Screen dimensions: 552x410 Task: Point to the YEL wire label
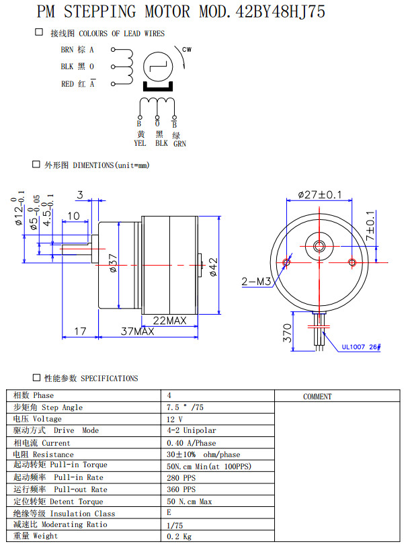point(140,143)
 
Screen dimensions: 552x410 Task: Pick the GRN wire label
point(179,143)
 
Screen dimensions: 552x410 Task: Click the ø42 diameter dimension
point(213,266)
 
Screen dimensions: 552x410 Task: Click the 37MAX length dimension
point(138,331)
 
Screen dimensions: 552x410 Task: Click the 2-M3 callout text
point(255,282)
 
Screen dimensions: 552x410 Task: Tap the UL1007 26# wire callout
point(361,347)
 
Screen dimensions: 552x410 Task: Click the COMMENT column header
point(317,397)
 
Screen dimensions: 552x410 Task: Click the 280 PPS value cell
point(181,477)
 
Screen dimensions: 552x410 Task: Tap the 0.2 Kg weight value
point(178,537)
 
